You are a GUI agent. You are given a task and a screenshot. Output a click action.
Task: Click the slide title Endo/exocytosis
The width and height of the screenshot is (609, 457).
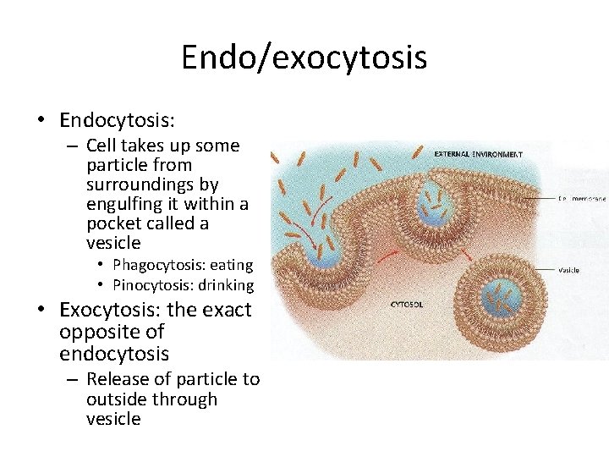tap(304, 58)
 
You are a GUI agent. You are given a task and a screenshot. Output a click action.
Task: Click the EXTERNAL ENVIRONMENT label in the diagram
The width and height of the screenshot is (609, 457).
tap(478, 154)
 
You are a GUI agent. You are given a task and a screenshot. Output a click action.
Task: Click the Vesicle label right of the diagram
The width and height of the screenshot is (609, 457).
tap(568, 270)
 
